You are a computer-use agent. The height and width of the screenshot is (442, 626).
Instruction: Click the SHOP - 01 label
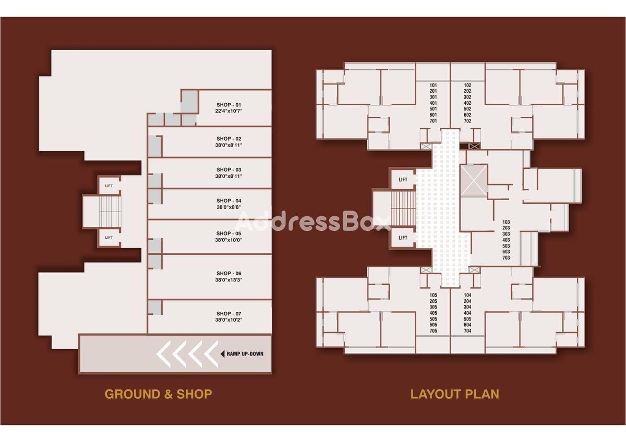point(228,105)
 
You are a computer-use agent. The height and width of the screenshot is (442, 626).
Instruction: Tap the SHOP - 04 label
point(228,201)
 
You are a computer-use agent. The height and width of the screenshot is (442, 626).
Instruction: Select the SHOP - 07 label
point(228,314)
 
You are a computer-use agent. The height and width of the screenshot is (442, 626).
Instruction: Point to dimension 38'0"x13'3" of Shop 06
point(228,280)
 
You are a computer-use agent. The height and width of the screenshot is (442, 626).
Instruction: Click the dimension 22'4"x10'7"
point(228,111)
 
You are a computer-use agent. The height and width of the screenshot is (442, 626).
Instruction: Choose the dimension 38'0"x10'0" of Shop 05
point(228,240)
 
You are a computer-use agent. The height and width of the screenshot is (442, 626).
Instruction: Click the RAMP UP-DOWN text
point(245,354)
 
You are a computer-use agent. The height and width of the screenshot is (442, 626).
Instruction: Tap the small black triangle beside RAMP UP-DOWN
point(222,354)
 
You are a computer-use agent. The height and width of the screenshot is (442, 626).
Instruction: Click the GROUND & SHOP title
point(158,394)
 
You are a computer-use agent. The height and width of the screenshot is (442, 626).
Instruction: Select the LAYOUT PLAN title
point(455,394)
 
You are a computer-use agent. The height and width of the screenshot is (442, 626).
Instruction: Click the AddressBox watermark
point(312,221)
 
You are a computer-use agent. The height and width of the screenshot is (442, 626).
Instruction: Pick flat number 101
point(433,85)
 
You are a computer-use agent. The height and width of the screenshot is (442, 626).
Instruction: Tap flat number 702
point(467,121)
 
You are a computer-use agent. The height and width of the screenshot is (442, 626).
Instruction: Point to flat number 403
point(506,240)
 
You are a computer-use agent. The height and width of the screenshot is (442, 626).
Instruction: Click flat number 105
point(433,295)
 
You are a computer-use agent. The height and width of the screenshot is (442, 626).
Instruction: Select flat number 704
point(467,331)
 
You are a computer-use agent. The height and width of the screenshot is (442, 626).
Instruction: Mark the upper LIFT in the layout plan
point(403,179)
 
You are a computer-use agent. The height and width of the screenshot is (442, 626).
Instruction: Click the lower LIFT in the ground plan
point(109,238)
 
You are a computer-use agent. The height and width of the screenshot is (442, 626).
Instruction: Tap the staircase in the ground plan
point(110,212)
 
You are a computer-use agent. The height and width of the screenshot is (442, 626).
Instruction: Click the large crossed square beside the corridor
point(474,181)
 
